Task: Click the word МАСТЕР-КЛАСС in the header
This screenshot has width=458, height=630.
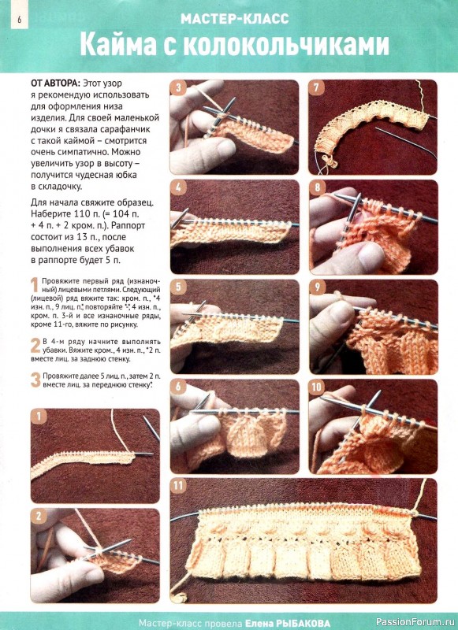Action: (x=234, y=19)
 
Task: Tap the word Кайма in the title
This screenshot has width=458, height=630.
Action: (x=117, y=45)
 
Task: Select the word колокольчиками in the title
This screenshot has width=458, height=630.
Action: (x=286, y=45)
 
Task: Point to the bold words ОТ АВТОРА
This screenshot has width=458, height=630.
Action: (x=55, y=83)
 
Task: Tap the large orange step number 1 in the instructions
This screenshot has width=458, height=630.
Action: (x=35, y=285)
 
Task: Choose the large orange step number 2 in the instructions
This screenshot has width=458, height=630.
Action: (x=35, y=346)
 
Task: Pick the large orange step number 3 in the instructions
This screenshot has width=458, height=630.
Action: (x=35, y=380)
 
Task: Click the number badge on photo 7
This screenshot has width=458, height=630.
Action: (x=316, y=88)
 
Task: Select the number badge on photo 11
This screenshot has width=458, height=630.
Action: (x=178, y=486)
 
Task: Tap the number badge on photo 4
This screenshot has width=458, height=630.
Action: (x=178, y=187)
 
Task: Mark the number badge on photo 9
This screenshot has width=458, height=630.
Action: (x=317, y=287)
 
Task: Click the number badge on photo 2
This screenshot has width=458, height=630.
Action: (x=39, y=517)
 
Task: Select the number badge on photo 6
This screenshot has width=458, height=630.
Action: (x=178, y=387)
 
